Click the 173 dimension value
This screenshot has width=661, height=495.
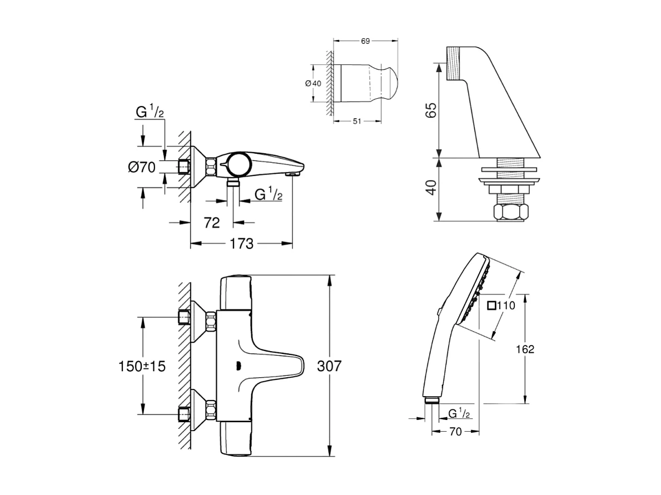(x=242, y=243)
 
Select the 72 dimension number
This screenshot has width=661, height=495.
(x=212, y=222)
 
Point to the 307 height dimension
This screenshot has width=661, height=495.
(x=329, y=366)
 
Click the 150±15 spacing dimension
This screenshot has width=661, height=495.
(x=142, y=366)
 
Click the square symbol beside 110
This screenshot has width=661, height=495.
(x=491, y=305)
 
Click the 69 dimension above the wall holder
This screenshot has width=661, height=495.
(x=365, y=41)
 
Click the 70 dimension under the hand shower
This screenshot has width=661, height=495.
(x=455, y=431)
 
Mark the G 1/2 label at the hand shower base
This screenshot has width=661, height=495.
(x=460, y=413)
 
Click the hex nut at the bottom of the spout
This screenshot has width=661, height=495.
(x=510, y=213)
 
